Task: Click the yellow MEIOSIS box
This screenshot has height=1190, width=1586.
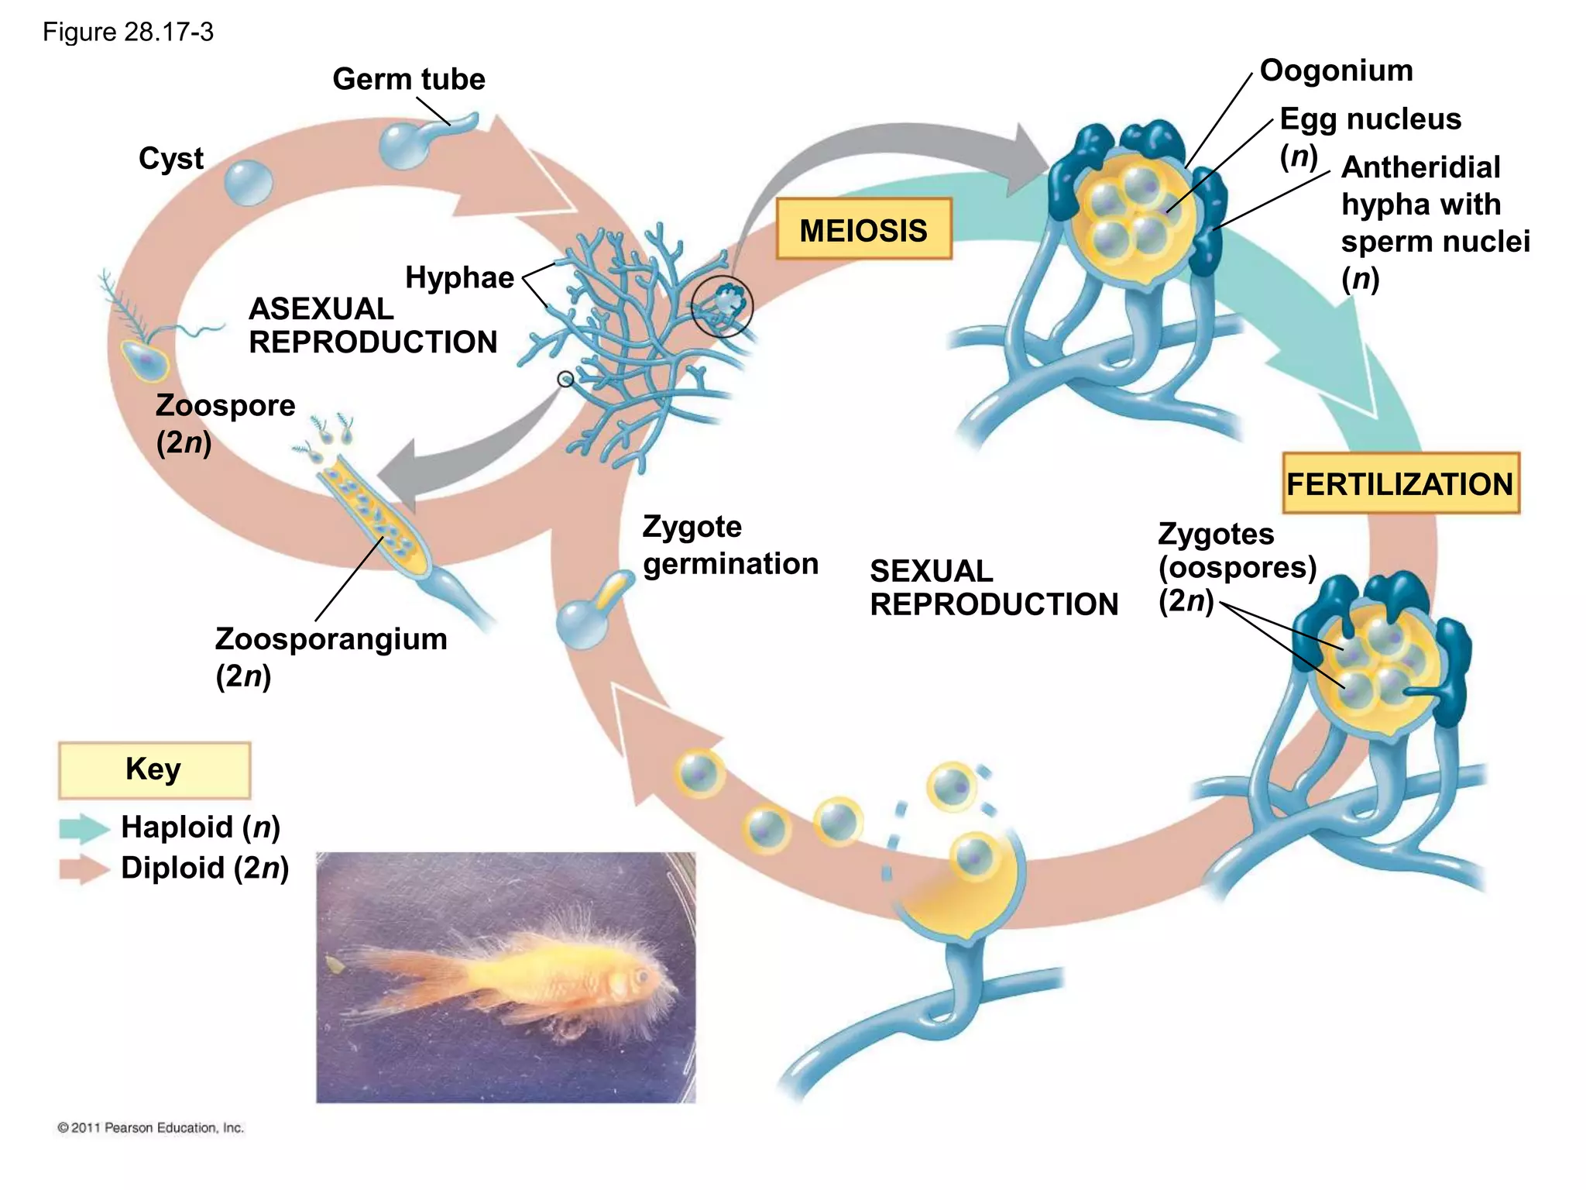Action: pyautogui.click(x=863, y=229)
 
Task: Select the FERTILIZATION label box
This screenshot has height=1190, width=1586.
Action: pyautogui.click(x=1400, y=483)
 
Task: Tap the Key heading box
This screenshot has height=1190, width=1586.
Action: pyautogui.click(x=154, y=770)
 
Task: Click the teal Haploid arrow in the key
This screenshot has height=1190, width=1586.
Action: pyautogui.click(x=84, y=828)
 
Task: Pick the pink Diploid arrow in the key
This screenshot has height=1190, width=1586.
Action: pyautogui.click(x=84, y=869)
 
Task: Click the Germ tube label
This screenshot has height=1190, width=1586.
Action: pyautogui.click(x=408, y=79)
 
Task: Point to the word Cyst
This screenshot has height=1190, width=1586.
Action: pyautogui.click(x=170, y=158)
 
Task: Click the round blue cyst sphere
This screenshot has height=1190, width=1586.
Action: pyautogui.click(x=249, y=183)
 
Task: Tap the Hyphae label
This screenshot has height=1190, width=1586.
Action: pyautogui.click(x=459, y=277)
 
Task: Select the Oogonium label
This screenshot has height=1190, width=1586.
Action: pyautogui.click(x=1336, y=71)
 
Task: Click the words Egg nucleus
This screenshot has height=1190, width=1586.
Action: pyautogui.click(x=1370, y=119)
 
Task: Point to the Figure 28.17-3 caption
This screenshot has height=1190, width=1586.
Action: pyautogui.click(x=128, y=33)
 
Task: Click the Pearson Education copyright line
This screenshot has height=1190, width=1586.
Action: pyautogui.click(x=151, y=1128)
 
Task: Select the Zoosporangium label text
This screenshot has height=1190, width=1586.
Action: pyautogui.click(x=331, y=640)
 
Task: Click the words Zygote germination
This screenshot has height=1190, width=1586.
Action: pyautogui.click(x=729, y=545)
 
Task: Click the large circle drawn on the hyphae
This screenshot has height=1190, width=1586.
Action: pyautogui.click(x=722, y=305)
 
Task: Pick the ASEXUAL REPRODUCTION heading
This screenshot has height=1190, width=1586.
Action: pyautogui.click(x=372, y=325)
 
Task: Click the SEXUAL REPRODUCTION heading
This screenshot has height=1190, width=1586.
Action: pyautogui.click(x=994, y=588)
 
